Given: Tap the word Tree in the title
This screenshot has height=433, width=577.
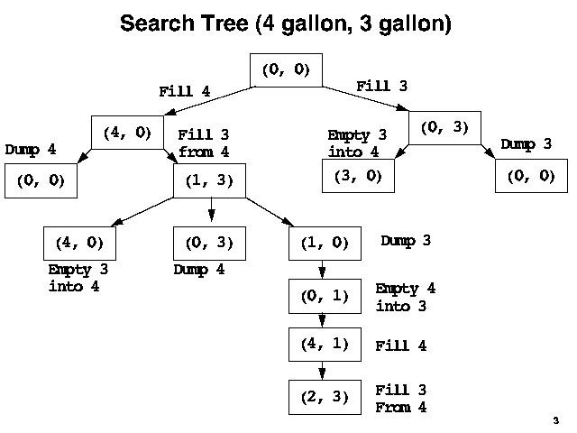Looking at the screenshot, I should pyautogui.click(x=225, y=24).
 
